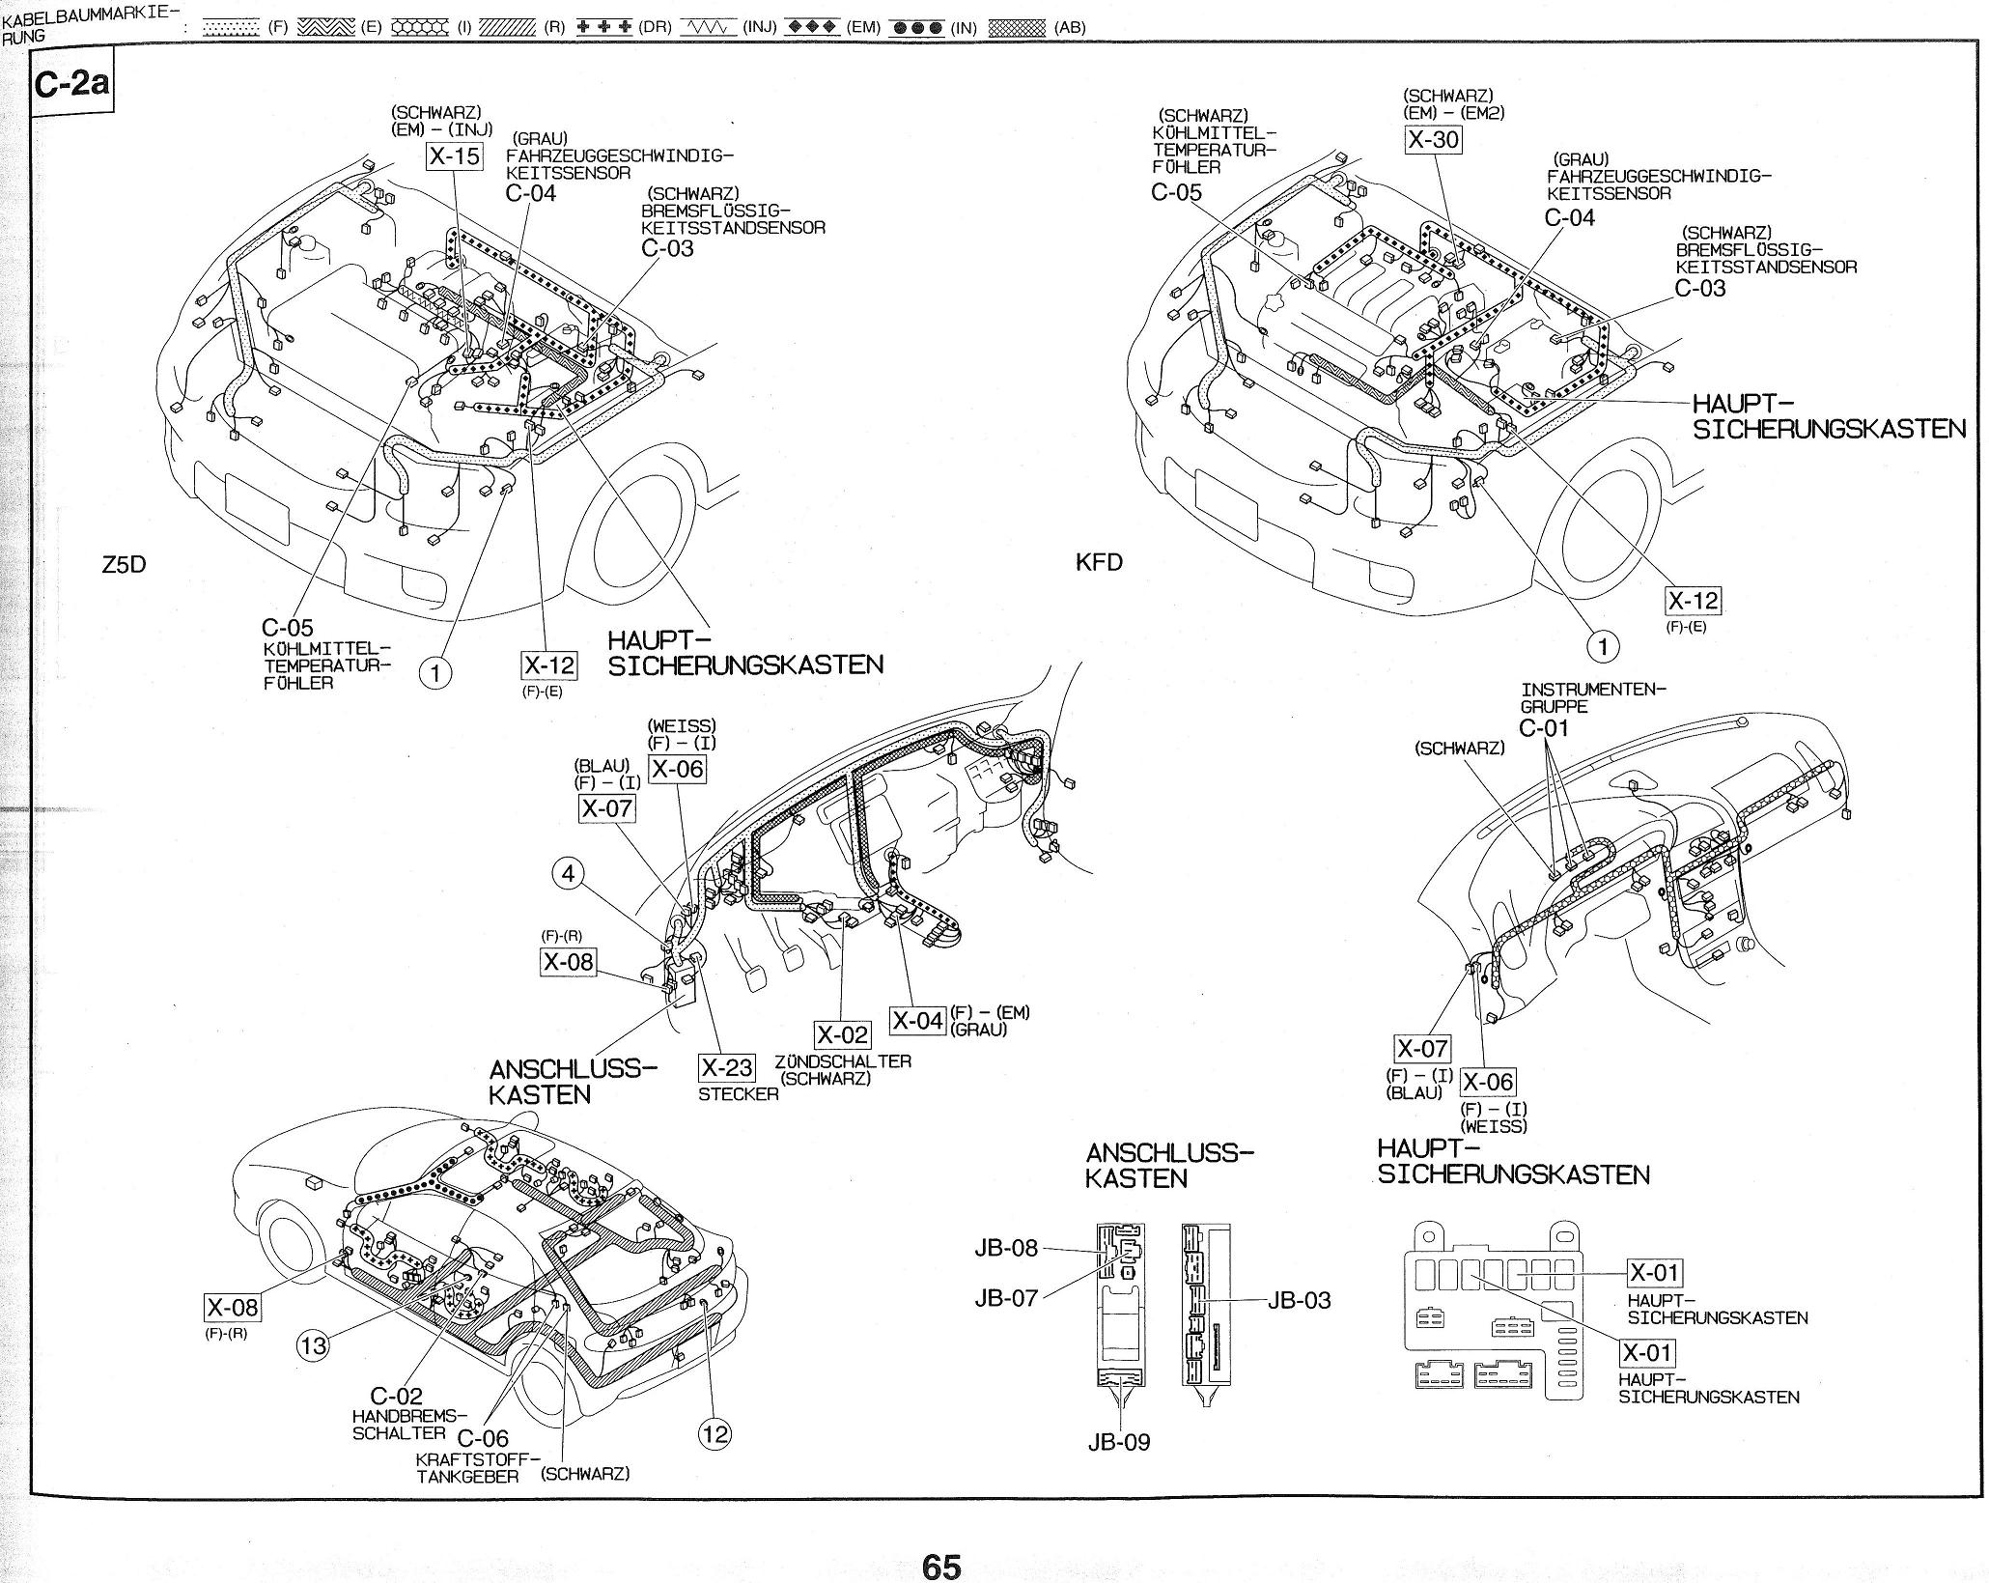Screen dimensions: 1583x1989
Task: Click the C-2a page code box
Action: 71,86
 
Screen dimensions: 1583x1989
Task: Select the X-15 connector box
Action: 454,155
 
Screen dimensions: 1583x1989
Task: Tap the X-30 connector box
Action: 1433,139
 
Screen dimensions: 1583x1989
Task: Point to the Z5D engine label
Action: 124,564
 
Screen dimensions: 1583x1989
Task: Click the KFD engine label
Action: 1099,562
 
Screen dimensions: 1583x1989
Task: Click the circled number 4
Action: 569,873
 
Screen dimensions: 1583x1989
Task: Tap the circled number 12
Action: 714,1433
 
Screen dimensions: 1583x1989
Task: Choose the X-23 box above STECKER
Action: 727,1067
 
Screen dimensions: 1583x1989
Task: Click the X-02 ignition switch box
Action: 843,1035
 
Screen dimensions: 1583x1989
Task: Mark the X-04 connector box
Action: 917,1021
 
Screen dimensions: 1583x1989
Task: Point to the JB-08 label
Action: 1005,1248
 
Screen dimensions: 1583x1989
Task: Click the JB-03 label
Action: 1299,1300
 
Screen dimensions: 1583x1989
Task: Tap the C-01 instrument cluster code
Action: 1545,727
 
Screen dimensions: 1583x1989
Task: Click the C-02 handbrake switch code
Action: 396,1396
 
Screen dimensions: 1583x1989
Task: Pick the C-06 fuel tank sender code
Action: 483,1439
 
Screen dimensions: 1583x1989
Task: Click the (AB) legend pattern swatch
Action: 1018,27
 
